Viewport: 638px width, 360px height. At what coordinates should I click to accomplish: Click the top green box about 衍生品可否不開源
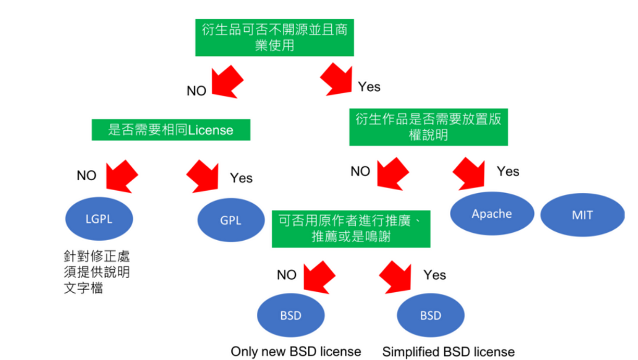tap(274, 37)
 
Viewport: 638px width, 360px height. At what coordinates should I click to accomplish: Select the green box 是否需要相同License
tap(171, 130)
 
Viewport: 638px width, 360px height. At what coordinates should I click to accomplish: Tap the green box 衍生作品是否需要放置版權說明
tap(428, 127)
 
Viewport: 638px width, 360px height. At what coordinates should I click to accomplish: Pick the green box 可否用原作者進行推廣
tap(351, 229)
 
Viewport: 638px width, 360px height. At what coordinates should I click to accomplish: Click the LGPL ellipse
tap(99, 219)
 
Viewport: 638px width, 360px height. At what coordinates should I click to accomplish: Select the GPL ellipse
tap(230, 220)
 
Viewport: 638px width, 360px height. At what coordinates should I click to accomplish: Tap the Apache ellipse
tap(492, 214)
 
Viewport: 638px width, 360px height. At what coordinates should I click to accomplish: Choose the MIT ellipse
tap(582, 215)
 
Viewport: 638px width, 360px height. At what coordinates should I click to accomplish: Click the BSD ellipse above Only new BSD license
tap(291, 315)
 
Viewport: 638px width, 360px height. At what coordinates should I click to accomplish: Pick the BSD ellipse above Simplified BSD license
tap(430, 315)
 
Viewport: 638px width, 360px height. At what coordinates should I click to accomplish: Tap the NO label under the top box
tap(196, 91)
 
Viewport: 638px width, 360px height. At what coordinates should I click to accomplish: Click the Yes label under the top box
tap(369, 86)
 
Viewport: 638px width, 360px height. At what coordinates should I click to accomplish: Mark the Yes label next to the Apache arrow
tap(508, 171)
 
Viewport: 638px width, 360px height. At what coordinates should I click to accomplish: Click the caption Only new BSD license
tap(296, 352)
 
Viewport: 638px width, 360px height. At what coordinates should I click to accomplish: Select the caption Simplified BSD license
tap(448, 352)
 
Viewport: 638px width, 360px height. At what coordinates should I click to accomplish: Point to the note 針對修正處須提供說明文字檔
tap(96, 272)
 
